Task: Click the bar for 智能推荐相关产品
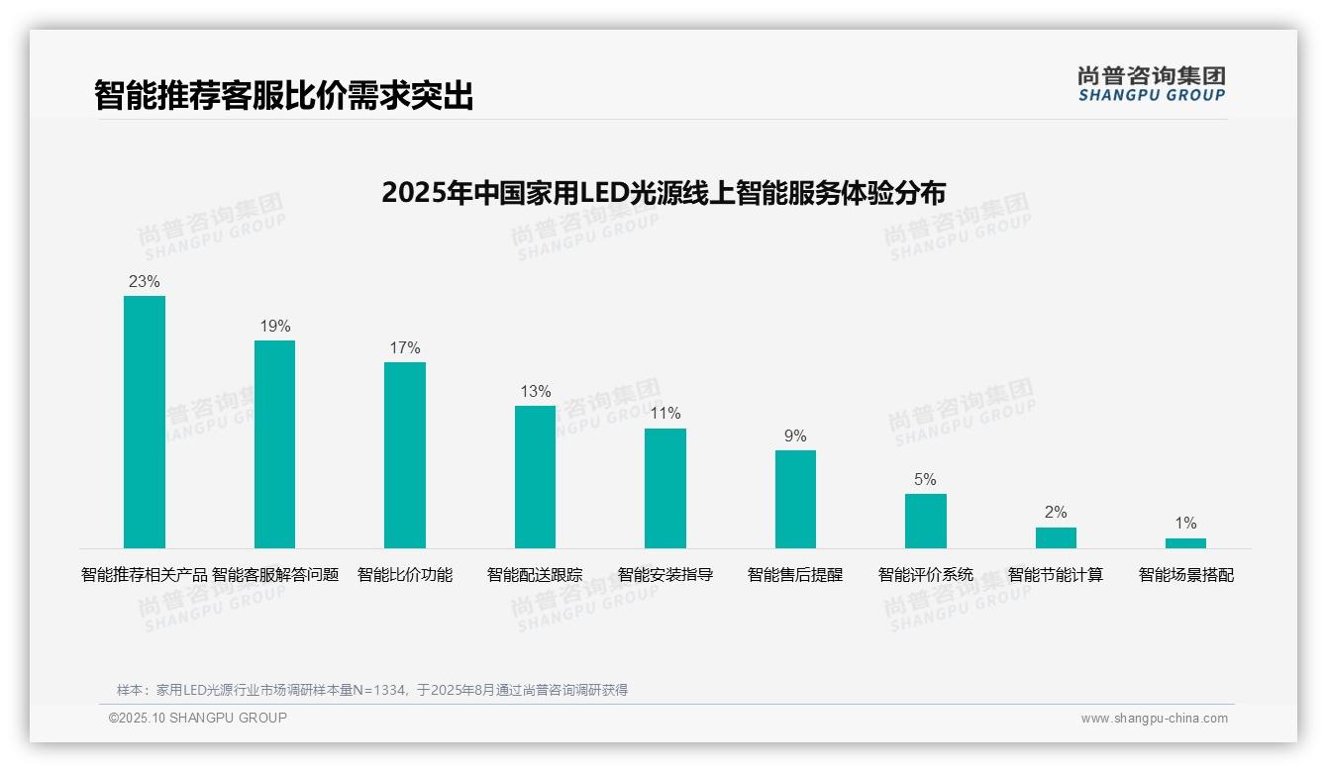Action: coord(145,422)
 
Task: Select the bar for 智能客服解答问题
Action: coord(274,444)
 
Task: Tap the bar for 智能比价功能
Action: coord(405,455)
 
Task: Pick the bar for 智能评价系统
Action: coord(926,521)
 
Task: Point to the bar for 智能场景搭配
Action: coord(1185,543)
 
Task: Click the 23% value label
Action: coord(145,282)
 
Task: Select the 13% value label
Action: coord(536,392)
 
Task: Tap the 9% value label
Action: coord(795,436)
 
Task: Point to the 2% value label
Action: coord(1056,513)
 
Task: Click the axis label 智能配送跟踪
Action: coord(535,575)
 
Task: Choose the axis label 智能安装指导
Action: coord(665,575)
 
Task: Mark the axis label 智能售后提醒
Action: coord(795,575)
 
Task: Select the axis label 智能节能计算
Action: coord(1056,575)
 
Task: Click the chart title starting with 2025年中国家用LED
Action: coord(663,192)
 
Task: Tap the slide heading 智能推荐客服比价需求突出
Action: coord(284,95)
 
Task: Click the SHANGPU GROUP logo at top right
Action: coord(1152,84)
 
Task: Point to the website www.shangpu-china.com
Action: coord(1154,719)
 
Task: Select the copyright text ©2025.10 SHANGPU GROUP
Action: coord(198,719)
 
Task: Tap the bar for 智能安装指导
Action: coord(665,488)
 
